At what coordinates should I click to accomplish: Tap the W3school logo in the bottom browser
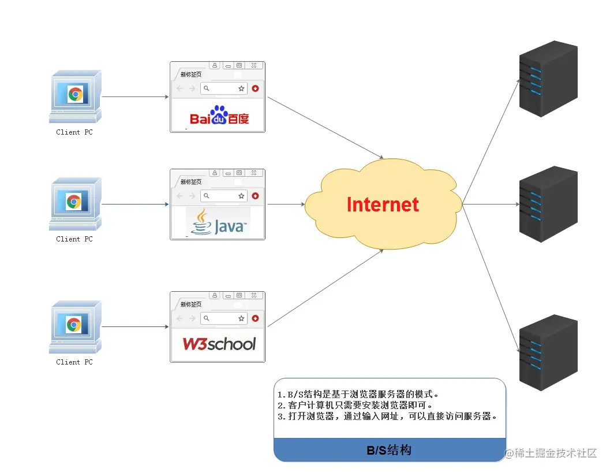[219, 344]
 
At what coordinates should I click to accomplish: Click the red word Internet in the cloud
[383, 205]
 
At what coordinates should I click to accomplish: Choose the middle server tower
[548, 203]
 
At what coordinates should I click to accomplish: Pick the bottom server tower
[548, 352]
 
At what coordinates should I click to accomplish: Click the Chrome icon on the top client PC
[75, 94]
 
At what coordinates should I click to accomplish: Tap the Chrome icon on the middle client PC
[73, 201]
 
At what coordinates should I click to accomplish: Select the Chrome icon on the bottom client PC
[73, 325]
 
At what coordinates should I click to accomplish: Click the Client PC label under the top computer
[74, 132]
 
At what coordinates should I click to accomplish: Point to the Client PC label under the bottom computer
[74, 362]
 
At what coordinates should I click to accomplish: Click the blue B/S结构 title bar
[390, 450]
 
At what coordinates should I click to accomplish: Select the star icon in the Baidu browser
[241, 88]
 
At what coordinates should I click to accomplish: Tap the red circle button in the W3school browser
[255, 318]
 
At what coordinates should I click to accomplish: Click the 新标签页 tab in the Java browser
[191, 182]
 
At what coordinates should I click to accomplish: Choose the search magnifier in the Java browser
[207, 196]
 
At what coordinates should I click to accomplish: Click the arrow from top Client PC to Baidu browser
[135, 97]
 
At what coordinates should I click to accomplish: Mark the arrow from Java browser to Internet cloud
[285, 204]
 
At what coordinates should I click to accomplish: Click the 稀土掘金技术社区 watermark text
[551, 454]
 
